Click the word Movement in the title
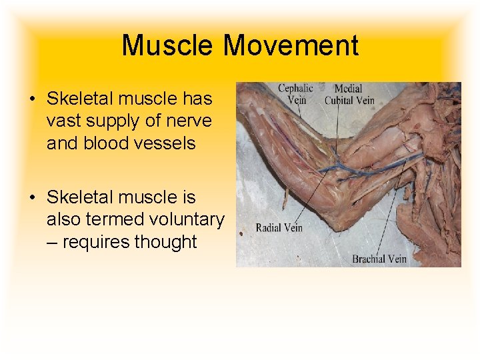[291, 46]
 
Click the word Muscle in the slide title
[168, 46]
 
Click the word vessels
[167, 143]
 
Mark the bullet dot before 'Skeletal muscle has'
[32, 100]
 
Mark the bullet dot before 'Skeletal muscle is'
[32, 198]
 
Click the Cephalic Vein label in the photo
[295, 94]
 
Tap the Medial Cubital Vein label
[349, 94]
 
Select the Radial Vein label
[279, 227]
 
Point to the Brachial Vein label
[379, 259]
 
